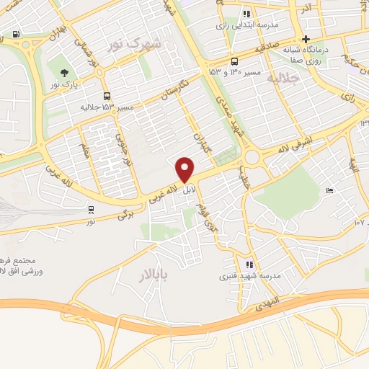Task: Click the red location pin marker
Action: coord(185,169)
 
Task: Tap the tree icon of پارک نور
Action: coord(65,73)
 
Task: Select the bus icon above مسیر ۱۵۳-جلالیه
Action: coord(107,96)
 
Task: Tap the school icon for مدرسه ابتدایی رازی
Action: coord(246,13)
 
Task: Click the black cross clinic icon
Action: coord(306,39)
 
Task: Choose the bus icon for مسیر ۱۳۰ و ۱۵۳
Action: coord(234,61)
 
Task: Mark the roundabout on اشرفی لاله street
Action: coord(252,157)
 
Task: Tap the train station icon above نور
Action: coord(91,210)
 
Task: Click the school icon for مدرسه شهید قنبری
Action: coord(250,264)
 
